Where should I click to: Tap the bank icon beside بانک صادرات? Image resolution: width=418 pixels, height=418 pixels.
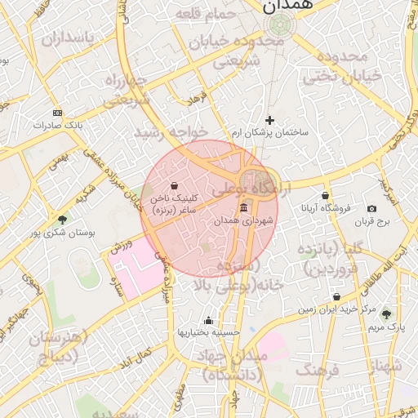56,112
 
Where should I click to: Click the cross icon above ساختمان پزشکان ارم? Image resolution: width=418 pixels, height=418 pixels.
270,120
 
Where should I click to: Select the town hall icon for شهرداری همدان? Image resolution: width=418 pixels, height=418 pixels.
244,209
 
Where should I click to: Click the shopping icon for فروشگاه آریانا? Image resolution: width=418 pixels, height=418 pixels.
326,195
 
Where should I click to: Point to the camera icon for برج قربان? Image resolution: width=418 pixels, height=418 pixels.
372,209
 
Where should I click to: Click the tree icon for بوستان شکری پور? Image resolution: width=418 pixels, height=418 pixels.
63,220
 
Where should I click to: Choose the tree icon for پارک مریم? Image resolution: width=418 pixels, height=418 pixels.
386,313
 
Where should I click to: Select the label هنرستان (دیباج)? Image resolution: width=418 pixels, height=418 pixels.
55,346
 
